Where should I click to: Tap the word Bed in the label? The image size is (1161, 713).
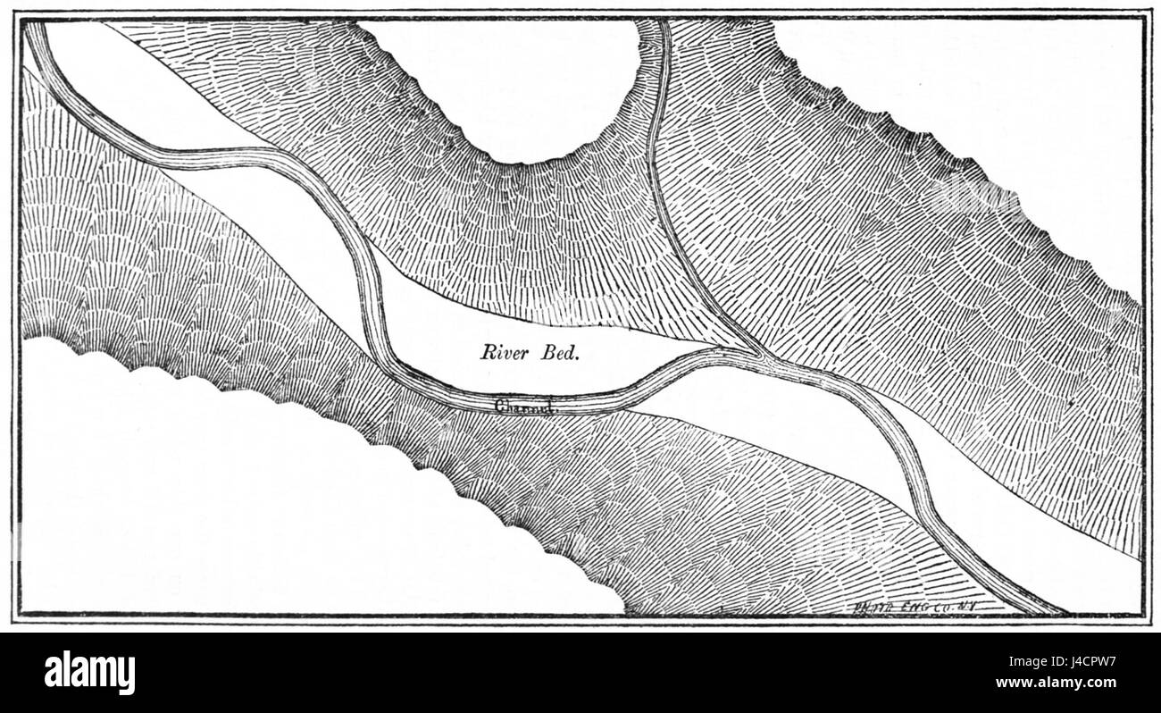[x=559, y=351]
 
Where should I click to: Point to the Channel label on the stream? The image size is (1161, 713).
[x=525, y=406]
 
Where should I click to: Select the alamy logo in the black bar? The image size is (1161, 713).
[x=89, y=672]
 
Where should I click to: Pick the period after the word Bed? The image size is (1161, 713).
[x=578, y=356]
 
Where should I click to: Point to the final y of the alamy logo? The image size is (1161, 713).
[x=129, y=675]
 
